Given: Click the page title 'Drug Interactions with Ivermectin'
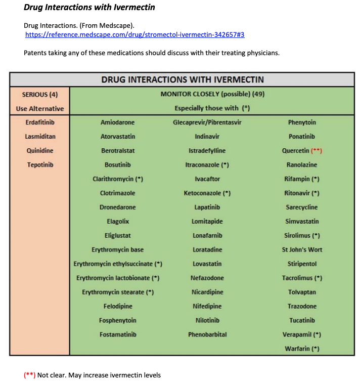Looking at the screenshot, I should point(89,7).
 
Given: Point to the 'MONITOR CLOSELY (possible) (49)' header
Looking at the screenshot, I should point(212,94).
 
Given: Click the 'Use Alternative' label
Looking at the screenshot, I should point(40,108).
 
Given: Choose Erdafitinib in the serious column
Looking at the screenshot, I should point(40,122).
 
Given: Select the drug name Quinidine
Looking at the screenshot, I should point(40,151).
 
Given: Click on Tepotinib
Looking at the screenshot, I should point(40,165).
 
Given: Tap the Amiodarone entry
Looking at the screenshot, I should point(118,122).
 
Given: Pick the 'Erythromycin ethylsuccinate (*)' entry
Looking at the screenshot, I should point(118,264).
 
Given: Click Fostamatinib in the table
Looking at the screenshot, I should point(118,334).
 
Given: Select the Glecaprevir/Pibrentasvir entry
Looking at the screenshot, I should point(207,122).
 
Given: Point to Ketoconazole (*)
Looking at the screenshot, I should point(207,193).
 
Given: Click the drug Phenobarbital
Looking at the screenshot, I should point(207,334).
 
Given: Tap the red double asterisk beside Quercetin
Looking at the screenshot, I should point(317,151).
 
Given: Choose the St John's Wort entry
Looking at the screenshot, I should point(302,250).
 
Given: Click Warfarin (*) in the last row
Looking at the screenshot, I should point(302,349).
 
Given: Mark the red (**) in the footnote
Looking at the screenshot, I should point(29,375).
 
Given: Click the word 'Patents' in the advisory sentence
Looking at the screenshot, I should point(35,53).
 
